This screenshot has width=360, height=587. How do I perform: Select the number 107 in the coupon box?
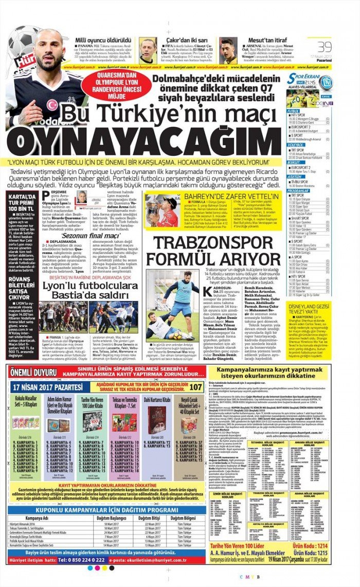click(x=196, y=387)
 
